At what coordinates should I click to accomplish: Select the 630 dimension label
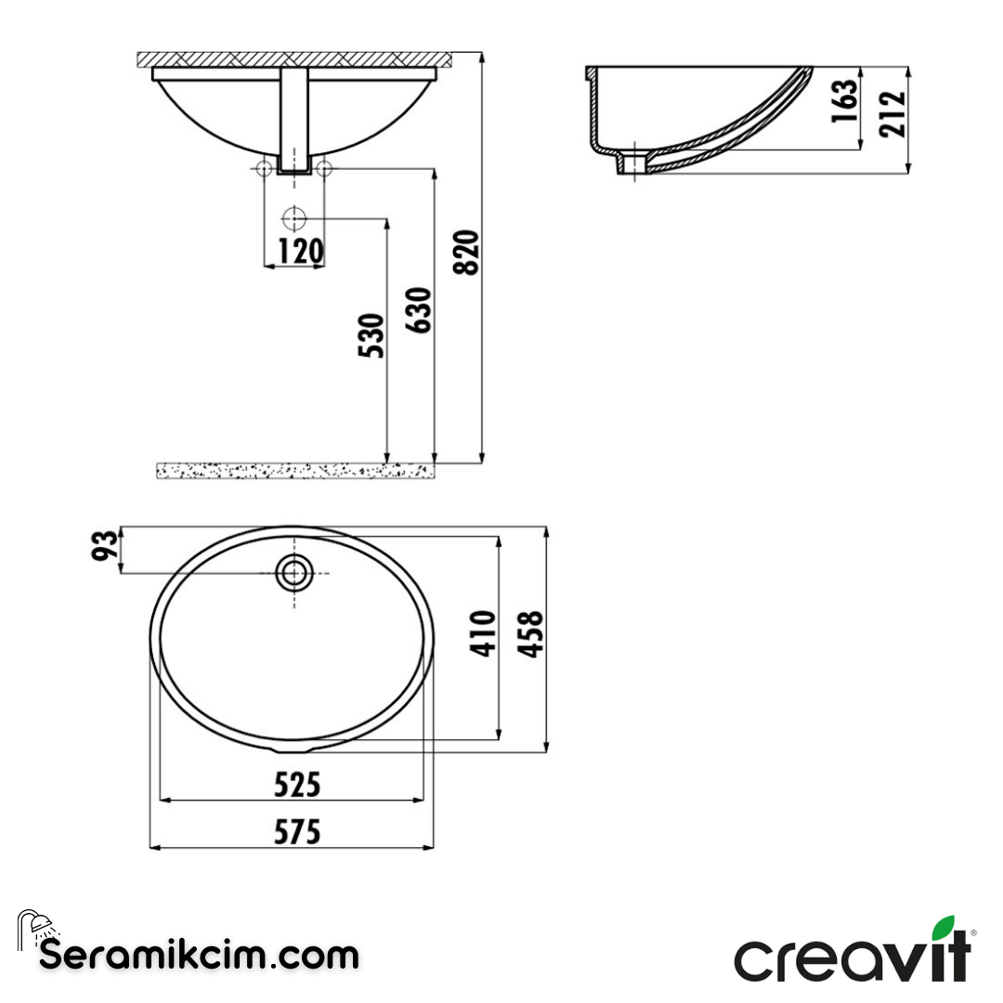[x=419, y=311]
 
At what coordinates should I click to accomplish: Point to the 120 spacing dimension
[x=294, y=251]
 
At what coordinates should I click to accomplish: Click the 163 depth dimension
[x=842, y=101]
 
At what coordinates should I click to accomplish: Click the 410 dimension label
[x=482, y=633]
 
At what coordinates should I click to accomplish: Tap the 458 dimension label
[x=529, y=635]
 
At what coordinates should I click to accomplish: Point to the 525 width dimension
[x=297, y=786]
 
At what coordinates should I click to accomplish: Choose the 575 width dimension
[x=297, y=832]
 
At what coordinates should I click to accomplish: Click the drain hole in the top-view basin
[x=294, y=573]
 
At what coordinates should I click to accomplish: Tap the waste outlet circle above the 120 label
[x=294, y=219]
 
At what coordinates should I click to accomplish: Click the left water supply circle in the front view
[x=265, y=168]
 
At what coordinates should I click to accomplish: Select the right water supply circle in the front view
[x=324, y=168]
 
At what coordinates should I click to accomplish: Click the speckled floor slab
[x=294, y=471]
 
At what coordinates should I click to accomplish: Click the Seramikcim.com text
[x=199, y=954]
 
